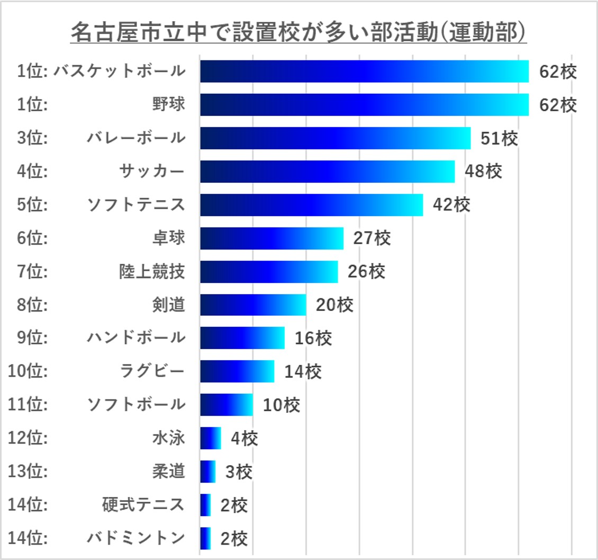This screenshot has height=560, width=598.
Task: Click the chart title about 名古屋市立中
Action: pyautogui.click(x=298, y=33)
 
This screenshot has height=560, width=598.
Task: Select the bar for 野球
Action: pyautogui.click(x=364, y=104)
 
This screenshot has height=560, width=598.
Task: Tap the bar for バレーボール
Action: pyautogui.click(x=335, y=138)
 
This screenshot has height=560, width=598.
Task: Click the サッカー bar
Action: pyautogui.click(x=327, y=171)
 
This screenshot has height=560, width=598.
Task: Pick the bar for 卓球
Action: pyautogui.click(x=271, y=238)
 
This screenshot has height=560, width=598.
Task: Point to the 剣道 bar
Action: pyautogui.click(x=253, y=305)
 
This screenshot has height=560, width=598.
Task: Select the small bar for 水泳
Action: pyautogui.click(x=210, y=438)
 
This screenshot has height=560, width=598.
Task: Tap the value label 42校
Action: pyautogui.click(x=451, y=205)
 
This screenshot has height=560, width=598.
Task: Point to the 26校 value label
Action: pyautogui.click(x=366, y=272)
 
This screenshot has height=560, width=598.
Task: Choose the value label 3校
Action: pyautogui.click(x=239, y=472)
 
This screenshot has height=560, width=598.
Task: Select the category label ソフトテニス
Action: pyautogui.click(x=136, y=205)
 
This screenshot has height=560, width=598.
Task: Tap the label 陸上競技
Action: pyautogui.click(x=152, y=271)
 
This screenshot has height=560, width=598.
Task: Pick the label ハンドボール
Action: pyautogui.click(x=136, y=338)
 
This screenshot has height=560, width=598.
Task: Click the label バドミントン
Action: pyautogui.click(x=136, y=538)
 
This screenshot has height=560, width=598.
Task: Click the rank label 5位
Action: pyautogui.click(x=32, y=205)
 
